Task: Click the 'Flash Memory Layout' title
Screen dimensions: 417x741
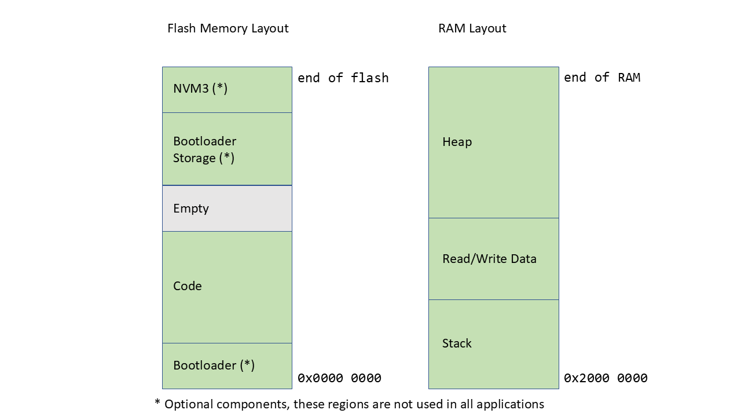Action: (228, 28)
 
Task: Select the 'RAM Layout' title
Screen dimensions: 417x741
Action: (472, 28)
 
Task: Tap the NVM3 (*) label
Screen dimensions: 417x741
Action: (200, 89)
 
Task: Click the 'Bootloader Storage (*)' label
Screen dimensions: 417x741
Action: (204, 149)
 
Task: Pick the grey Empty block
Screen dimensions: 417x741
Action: (227, 209)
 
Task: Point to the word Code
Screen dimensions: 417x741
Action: (187, 286)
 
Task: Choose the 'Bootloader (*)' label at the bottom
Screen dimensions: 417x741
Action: (214, 365)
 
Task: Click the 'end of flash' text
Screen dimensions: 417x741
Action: (343, 78)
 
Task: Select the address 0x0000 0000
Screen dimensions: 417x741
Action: (339, 378)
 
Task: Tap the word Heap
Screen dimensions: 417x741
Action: (457, 142)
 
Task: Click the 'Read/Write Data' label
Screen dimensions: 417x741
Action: (489, 259)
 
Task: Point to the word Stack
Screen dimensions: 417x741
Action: (457, 343)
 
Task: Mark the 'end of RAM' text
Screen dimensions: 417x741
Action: (602, 78)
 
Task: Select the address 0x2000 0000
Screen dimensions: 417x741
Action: (606, 378)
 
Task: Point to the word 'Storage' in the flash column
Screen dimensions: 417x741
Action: (194, 158)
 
